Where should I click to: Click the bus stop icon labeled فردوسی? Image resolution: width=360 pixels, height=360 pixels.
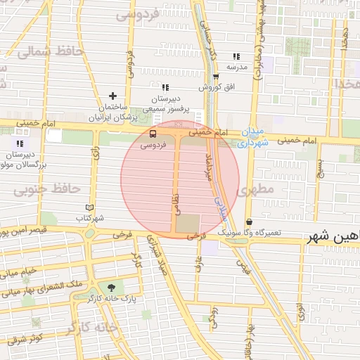point(153,134)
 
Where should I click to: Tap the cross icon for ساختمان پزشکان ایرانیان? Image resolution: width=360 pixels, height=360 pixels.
point(112,96)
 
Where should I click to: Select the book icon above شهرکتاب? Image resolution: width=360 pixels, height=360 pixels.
point(89,207)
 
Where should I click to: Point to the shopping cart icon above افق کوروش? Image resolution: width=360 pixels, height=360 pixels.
point(215,77)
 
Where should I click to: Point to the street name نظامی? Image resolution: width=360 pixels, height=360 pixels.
point(174,205)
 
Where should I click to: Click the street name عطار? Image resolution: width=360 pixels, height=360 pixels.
point(199,262)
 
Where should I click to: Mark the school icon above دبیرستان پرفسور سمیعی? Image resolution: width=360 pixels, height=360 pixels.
point(166,87)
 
